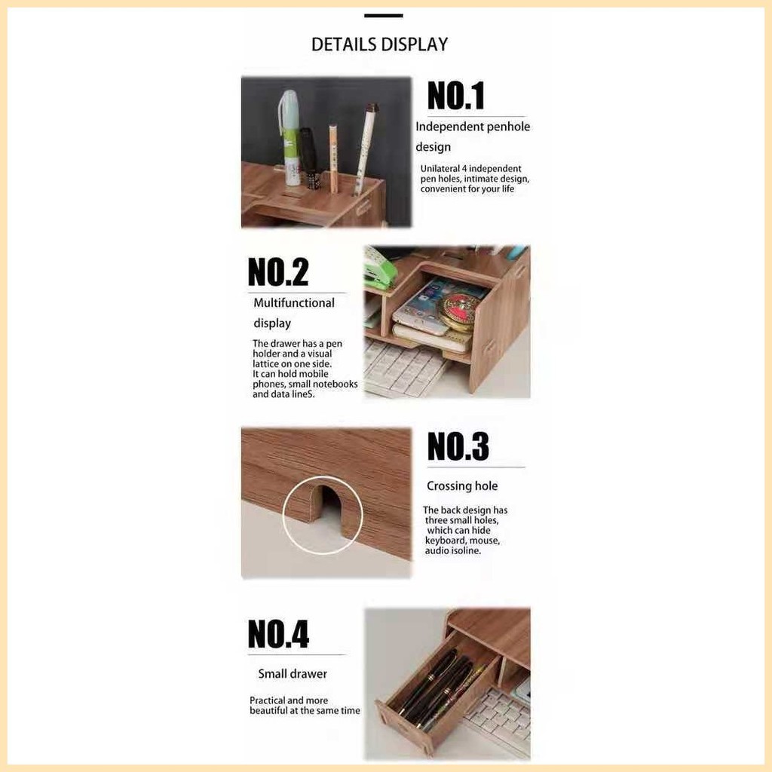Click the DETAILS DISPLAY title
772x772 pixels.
coord(380,44)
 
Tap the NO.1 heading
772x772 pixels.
coord(456,96)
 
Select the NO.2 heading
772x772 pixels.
coord(278,271)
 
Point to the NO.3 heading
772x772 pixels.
coord(458,446)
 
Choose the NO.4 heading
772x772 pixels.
coord(278,633)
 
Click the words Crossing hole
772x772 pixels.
coord(462,486)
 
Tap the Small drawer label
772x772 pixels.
coord(293,673)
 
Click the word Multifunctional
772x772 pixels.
coord(294,303)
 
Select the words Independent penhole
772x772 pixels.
coord(473,127)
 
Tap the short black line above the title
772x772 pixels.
coord(384,16)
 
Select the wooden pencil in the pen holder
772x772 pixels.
coord(334,159)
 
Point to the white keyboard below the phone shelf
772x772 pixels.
coord(404,369)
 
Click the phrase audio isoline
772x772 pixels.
coord(453,551)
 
